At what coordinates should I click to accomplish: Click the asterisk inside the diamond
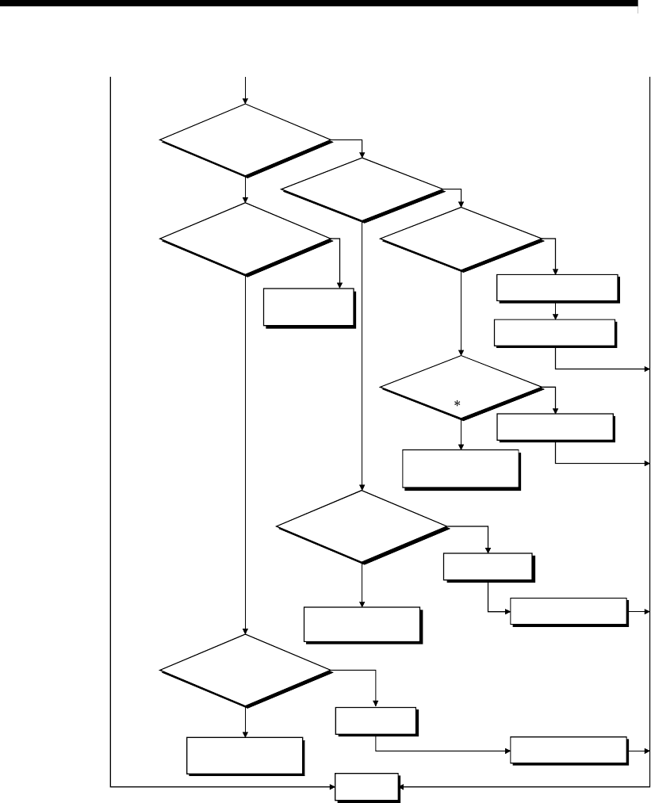[x=457, y=404]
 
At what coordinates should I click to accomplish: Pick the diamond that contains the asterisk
[x=461, y=388]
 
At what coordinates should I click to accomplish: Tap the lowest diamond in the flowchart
[x=246, y=671]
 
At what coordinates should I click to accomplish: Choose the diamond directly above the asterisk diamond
[x=461, y=239]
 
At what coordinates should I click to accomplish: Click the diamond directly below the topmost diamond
[x=246, y=239]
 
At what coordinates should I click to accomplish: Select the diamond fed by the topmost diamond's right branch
[x=362, y=190]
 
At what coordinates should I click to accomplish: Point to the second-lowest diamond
[x=362, y=526]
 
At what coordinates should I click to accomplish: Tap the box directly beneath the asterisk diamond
[x=461, y=470]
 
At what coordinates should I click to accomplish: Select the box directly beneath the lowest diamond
[x=245, y=755]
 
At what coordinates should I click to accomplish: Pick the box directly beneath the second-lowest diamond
[x=362, y=625]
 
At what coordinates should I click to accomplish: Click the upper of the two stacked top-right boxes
[x=557, y=288]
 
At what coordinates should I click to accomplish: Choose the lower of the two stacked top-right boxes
[x=554, y=333]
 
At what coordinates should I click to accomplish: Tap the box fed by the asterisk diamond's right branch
[x=555, y=428]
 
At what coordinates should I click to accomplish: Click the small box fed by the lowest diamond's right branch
[x=375, y=721]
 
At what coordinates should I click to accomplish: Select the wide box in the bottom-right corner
[x=569, y=749]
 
